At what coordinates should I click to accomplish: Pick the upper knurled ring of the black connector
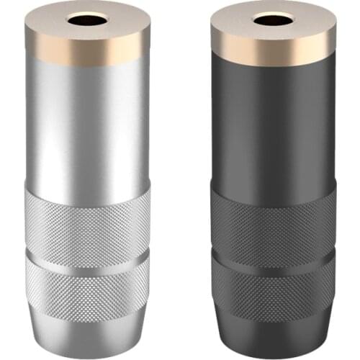[272, 216]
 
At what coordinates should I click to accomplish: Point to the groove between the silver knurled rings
[87, 253]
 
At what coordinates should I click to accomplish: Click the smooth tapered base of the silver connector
[87, 328]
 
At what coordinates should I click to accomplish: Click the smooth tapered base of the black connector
[272, 328]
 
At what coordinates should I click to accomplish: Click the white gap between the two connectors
[180, 180]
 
